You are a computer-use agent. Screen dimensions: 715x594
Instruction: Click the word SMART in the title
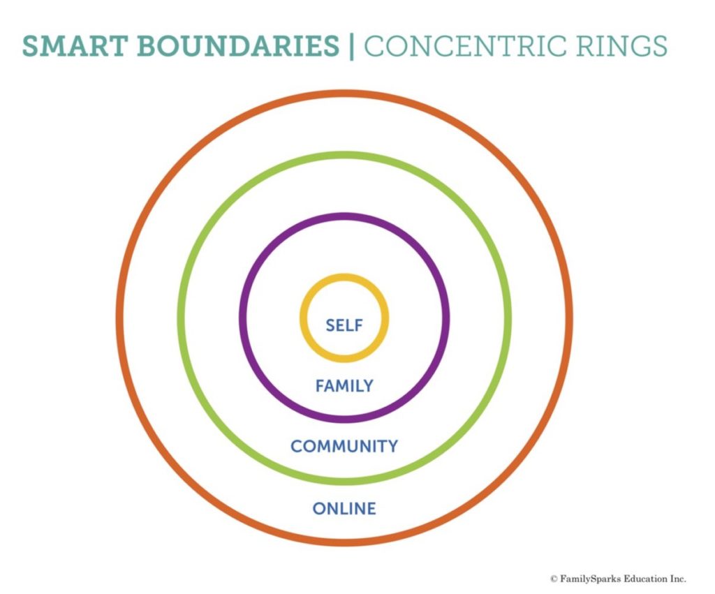75,46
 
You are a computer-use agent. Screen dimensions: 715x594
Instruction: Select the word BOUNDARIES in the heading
237,46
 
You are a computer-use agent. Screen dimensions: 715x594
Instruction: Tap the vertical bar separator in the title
351,46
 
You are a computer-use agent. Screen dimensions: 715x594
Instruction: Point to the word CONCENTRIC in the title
466,46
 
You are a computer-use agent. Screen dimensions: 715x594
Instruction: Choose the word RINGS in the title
621,46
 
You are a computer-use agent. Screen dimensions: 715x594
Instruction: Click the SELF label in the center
344,325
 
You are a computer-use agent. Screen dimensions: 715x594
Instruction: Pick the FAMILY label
344,386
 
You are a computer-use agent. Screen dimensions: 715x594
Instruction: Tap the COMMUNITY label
344,446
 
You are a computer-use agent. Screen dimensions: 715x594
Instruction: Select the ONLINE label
344,508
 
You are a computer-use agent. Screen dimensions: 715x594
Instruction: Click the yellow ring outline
344,276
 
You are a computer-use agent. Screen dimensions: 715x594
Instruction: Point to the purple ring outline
344,216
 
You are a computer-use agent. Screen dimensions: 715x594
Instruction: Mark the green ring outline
344,155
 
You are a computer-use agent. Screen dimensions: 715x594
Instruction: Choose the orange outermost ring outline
344,94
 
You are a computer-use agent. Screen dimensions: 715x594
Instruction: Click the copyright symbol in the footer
554,579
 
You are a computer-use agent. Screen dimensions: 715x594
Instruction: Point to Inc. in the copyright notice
678,579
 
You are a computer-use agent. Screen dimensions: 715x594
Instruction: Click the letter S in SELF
330,325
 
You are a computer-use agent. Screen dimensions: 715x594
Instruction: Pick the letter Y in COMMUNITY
392,446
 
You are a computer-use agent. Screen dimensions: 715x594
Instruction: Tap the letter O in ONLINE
319,508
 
